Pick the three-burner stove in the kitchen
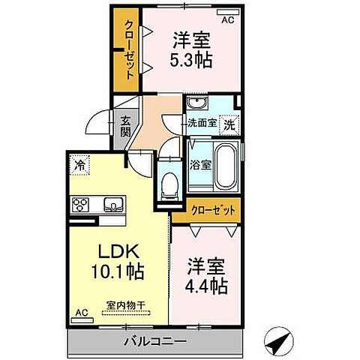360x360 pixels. click(80, 204)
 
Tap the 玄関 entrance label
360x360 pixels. click(124, 130)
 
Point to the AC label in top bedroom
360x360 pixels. click(227, 19)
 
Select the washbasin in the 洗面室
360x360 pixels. click(199, 104)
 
